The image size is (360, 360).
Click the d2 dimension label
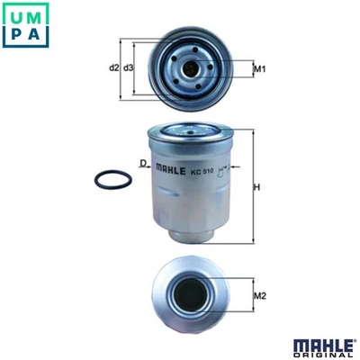[x=113, y=67]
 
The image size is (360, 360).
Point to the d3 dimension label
[x=128, y=67]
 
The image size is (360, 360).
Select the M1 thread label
[x=259, y=68]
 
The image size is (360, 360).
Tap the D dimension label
[x=142, y=162]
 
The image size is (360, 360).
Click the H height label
[x=256, y=187]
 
